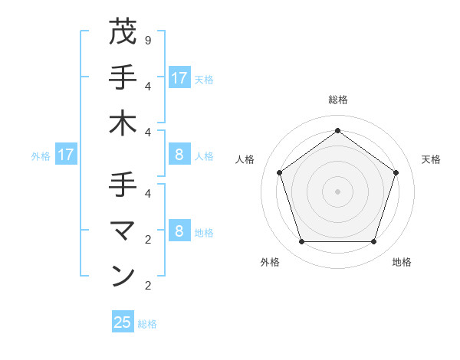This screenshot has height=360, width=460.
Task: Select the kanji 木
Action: tap(123, 123)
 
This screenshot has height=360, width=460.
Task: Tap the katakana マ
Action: tap(123, 229)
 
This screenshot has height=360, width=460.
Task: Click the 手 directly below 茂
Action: tap(123, 77)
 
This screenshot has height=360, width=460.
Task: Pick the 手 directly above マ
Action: tap(123, 184)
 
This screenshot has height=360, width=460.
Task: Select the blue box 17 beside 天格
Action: tap(179, 78)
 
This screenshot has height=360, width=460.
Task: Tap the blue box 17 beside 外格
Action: tap(66, 155)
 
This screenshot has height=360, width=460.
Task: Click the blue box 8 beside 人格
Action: tap(179, 155)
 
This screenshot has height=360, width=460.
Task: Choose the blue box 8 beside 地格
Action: tap(179, 232)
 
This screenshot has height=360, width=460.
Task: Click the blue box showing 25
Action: tap(123, 322)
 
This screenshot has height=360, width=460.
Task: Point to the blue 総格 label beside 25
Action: tap(148, 324)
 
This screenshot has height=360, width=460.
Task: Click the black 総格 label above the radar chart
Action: tap(337, 100)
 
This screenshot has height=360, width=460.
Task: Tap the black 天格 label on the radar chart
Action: tap(431, 159)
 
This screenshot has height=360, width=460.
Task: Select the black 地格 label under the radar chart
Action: tap(402, 263)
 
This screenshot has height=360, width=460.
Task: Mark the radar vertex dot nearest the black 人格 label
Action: tap(279, 172)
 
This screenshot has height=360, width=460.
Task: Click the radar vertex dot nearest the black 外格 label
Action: tap(301, 242)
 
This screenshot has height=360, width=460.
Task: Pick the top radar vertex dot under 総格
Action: tap(337, 130)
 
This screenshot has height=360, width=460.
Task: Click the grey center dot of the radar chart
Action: tap(337, 191)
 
